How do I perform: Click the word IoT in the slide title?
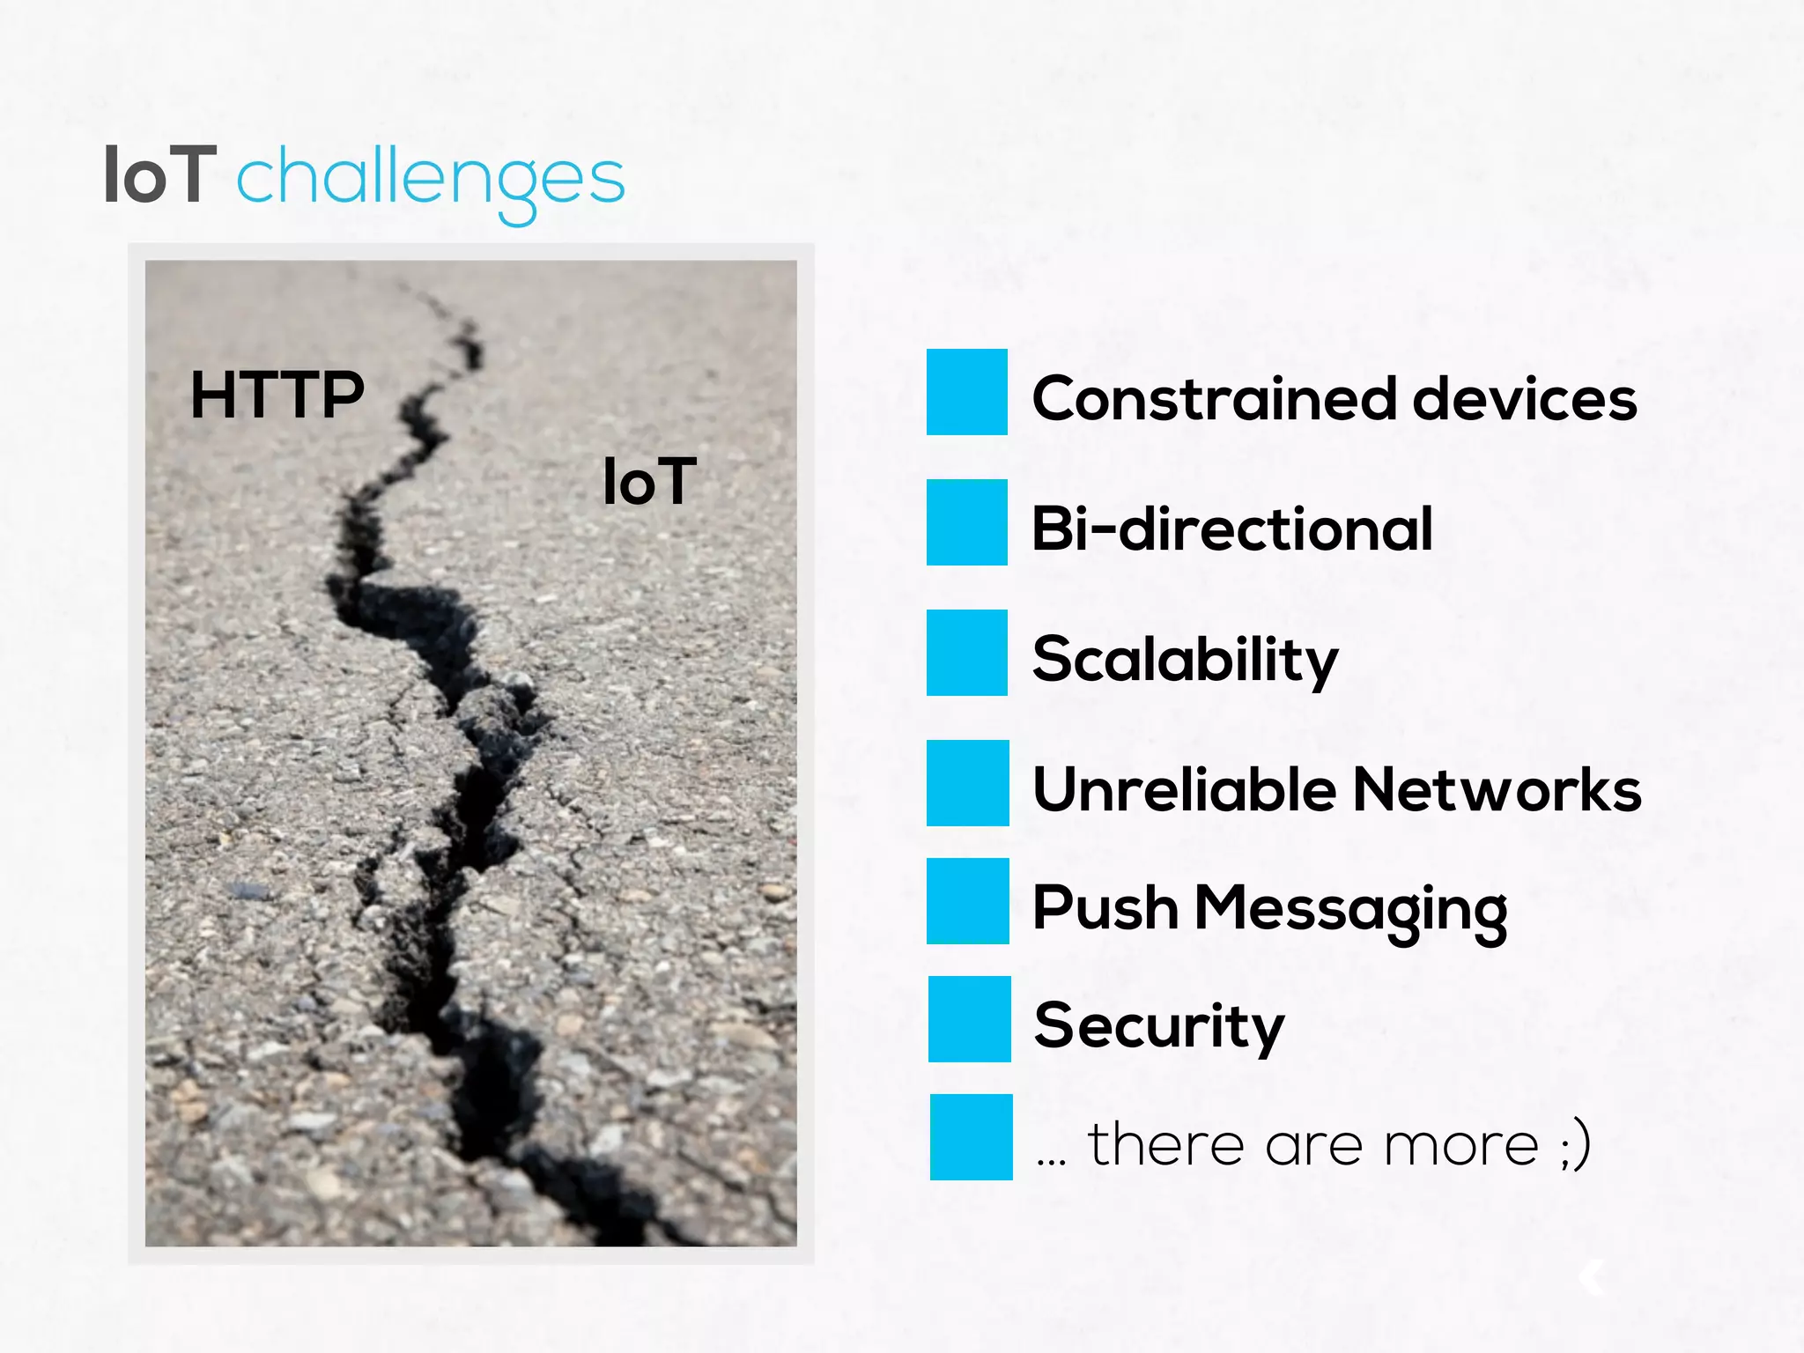159,176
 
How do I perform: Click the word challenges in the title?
430,181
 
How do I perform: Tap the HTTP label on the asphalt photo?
277,395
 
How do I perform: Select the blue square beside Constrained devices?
966,392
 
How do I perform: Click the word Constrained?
1214,399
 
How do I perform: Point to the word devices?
1524,399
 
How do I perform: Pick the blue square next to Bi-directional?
966,522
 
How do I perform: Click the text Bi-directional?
1231,529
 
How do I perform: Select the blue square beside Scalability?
966,653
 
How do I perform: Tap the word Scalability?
1185,660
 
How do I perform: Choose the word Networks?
1496,789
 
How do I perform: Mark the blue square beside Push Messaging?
967,901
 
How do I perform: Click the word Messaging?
1349,910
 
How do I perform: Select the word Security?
1158,1026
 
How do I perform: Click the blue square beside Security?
969,1019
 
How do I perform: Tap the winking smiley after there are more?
1575,1145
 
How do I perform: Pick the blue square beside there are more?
971,1137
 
